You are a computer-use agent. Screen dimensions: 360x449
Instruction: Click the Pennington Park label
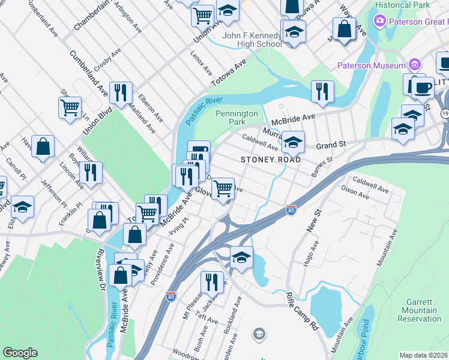point(237,118)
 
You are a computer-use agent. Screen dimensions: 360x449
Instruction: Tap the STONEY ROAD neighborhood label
point(266,160)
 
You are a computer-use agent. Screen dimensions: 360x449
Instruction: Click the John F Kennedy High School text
point(252,40)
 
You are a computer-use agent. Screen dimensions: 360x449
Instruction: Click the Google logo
point(20,353)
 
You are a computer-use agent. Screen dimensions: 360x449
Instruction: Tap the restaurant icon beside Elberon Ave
point(121,92)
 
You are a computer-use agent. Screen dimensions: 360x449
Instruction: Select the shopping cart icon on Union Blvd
point(70,108)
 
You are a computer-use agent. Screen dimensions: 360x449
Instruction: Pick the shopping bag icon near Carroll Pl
point(43,146)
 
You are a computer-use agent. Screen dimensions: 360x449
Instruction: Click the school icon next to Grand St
point(293,142)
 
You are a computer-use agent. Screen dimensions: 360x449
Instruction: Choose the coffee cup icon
point(423,87)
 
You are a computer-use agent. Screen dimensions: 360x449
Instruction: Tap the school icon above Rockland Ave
point(241,257)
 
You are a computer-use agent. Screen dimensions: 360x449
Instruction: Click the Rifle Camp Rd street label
point(302,311)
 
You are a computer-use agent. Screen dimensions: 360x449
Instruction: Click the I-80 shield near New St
point(291,210)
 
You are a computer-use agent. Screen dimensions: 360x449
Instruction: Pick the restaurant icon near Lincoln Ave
point(90,172)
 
